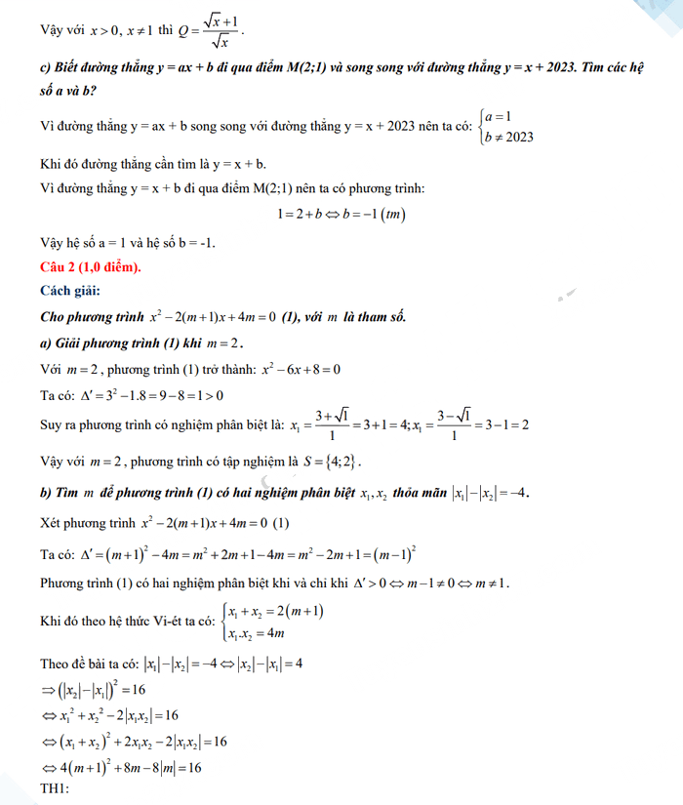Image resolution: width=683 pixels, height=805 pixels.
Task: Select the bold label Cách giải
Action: coord(70,291)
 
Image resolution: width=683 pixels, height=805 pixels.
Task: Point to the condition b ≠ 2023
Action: coord(508,137)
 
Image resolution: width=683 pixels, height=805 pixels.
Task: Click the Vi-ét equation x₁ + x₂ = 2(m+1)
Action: coord(276,611)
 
